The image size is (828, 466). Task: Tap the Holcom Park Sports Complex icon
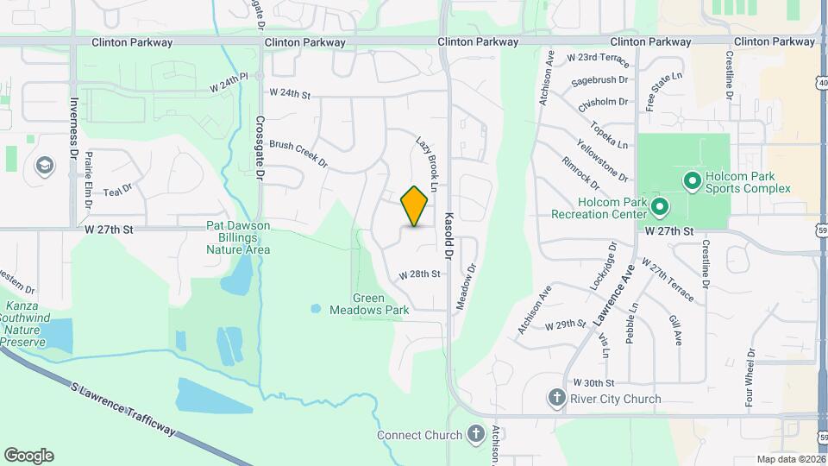tap(691, 181)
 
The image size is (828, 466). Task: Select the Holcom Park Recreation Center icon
tap(660, 207)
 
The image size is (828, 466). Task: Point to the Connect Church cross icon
tap(475, 434)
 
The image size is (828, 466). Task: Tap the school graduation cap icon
tap(42, 165)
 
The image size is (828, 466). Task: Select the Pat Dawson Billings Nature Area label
tap(238, 237)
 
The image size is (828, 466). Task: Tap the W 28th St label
tap(420, 274)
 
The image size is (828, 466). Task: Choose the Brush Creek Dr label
tap(298, 154)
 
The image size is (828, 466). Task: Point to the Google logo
tap(28, 456)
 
